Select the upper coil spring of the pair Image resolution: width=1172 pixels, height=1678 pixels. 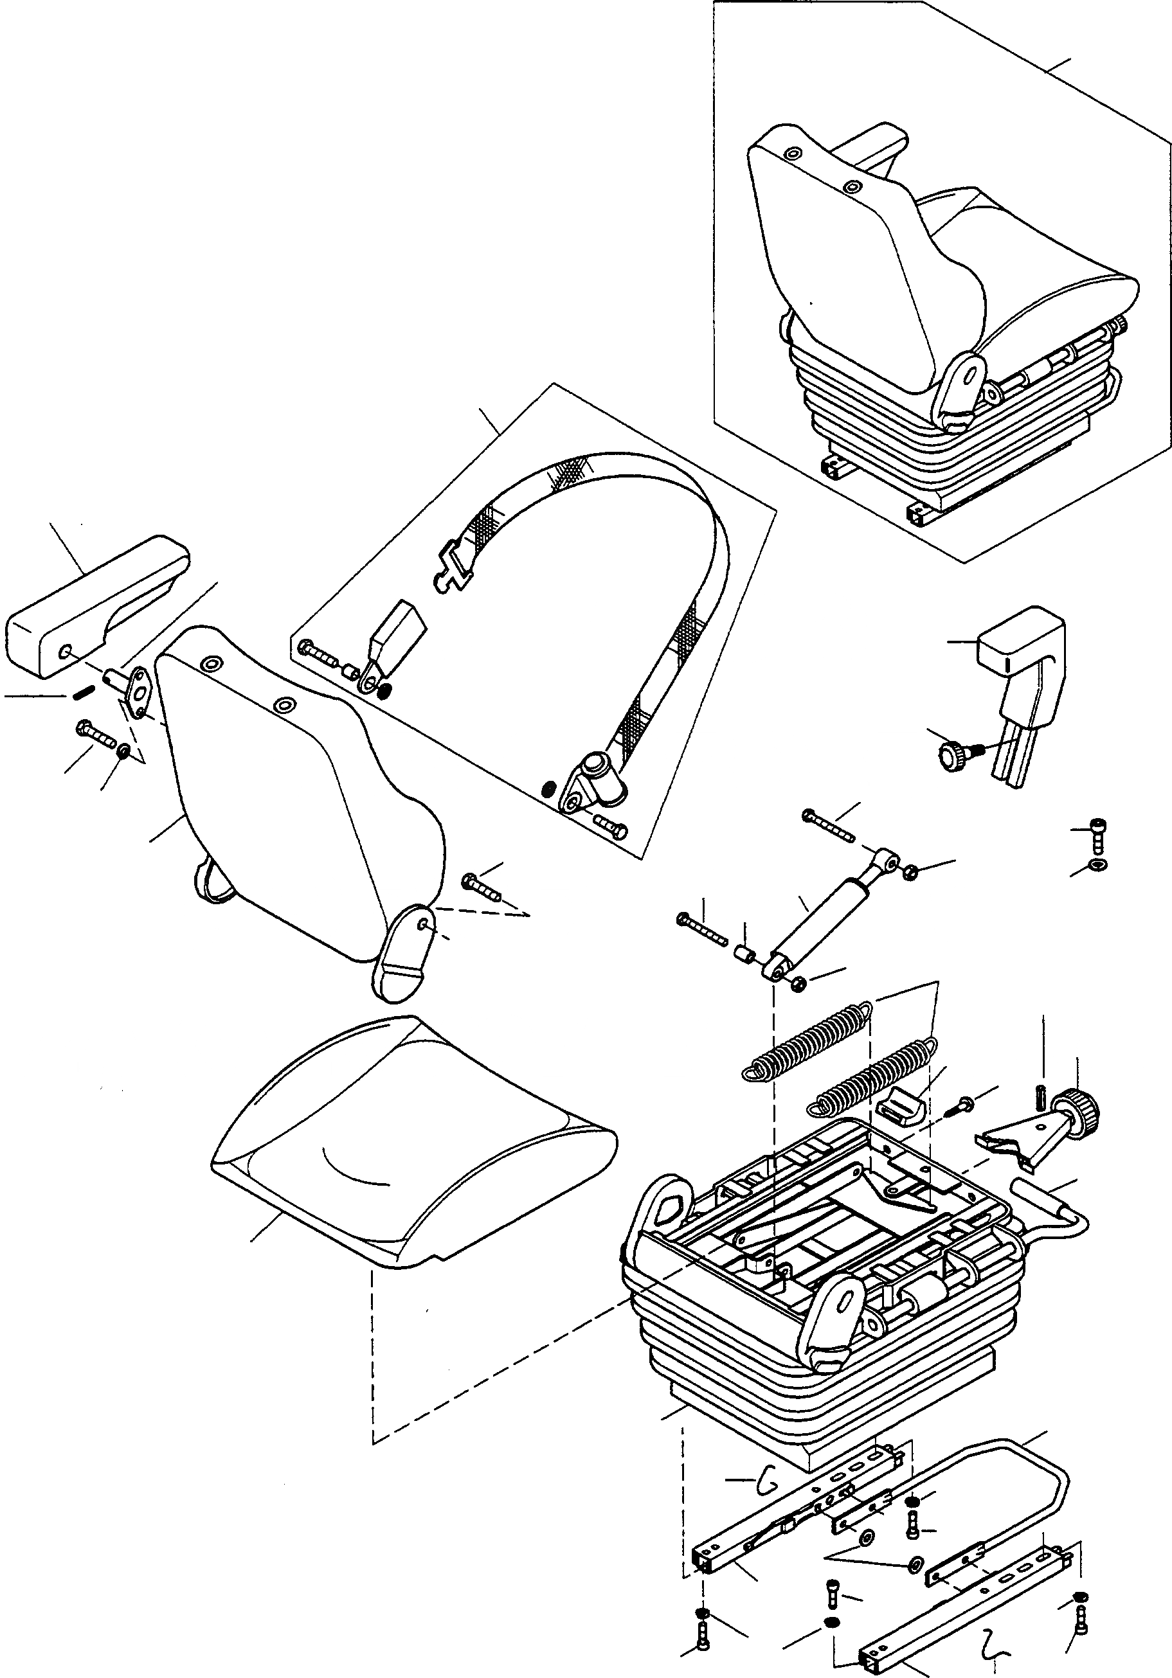pyautogui.click(x=804, y=1039)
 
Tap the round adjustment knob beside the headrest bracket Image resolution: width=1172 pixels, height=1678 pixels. pyautogui.click(x=953, y=751)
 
